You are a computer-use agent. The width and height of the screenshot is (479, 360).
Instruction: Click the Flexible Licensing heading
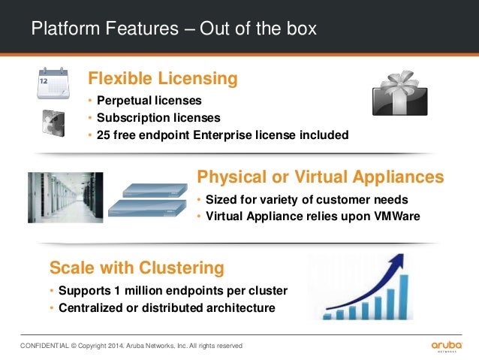pos(163,78)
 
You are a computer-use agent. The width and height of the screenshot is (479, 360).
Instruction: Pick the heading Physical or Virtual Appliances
pos(320,177)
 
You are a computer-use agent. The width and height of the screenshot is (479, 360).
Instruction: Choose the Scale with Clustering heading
pos(137,268)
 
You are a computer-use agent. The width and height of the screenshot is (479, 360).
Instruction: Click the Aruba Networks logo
pos(447,346)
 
